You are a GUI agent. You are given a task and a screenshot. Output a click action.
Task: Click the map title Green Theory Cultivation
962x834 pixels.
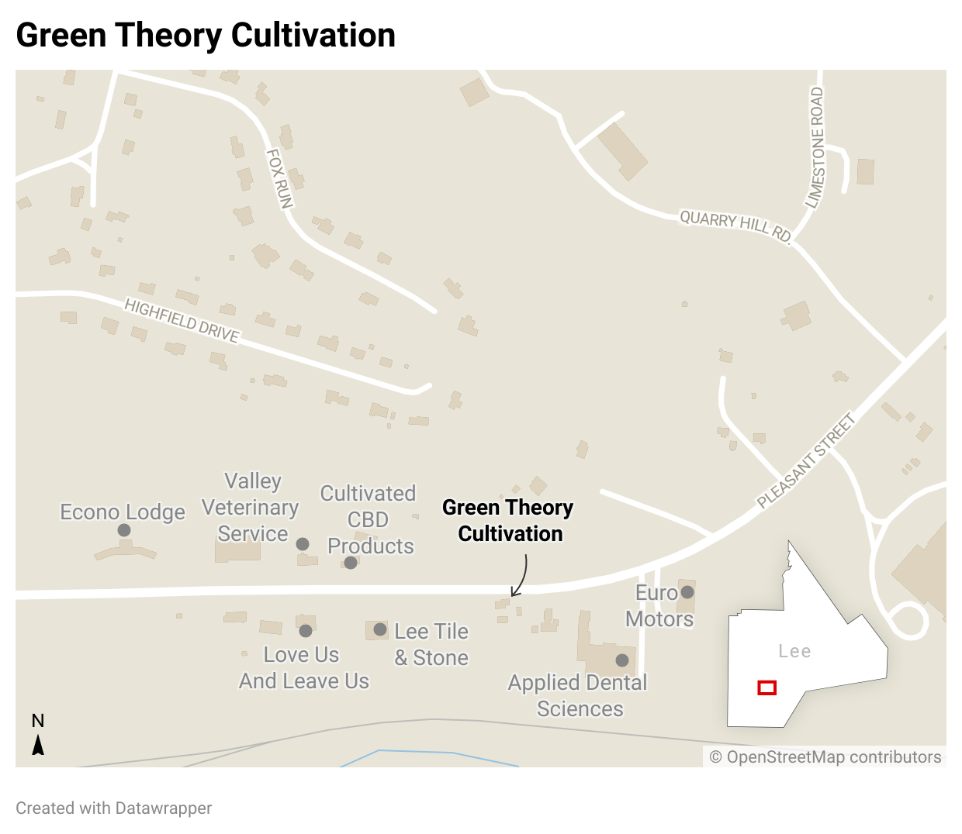[x=206, y=36]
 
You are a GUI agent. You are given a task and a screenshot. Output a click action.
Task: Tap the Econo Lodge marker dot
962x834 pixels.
[x=124, y=530]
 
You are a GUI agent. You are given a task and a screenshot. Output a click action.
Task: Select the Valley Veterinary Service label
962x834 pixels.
[x=251, y=508]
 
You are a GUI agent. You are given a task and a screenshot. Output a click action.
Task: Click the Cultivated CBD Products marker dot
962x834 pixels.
[x=351, y=563]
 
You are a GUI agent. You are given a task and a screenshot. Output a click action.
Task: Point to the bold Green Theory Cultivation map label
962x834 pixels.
[x=508, y=520]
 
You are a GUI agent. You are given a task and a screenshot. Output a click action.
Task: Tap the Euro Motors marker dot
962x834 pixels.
[x=687, y=592]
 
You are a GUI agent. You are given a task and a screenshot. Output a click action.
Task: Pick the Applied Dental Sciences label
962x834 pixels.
[x=578, y=695]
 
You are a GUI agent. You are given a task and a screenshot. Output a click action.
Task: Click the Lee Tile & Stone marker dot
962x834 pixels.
[x=380, y=629]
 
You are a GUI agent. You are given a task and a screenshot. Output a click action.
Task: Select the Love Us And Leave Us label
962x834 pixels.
[x=303, y=667]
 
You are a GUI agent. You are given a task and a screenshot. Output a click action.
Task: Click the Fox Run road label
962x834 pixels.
[x=279, y=178]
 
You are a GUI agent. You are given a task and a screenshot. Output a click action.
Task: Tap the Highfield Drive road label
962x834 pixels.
[x=182, y=320]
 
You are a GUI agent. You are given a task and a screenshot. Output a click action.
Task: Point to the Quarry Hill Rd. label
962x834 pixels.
[x=735, y=226]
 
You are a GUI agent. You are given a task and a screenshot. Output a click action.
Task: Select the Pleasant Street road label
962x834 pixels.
[x=807, y=460]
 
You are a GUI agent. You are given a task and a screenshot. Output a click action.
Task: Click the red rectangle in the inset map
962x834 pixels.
[x=767, y=688]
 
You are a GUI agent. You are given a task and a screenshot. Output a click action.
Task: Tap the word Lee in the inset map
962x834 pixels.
[x=794, y=651]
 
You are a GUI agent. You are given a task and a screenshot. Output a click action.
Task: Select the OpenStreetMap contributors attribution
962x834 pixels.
[x=825, y=757]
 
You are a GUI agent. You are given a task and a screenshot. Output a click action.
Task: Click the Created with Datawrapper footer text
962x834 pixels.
[x=114, y=808]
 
